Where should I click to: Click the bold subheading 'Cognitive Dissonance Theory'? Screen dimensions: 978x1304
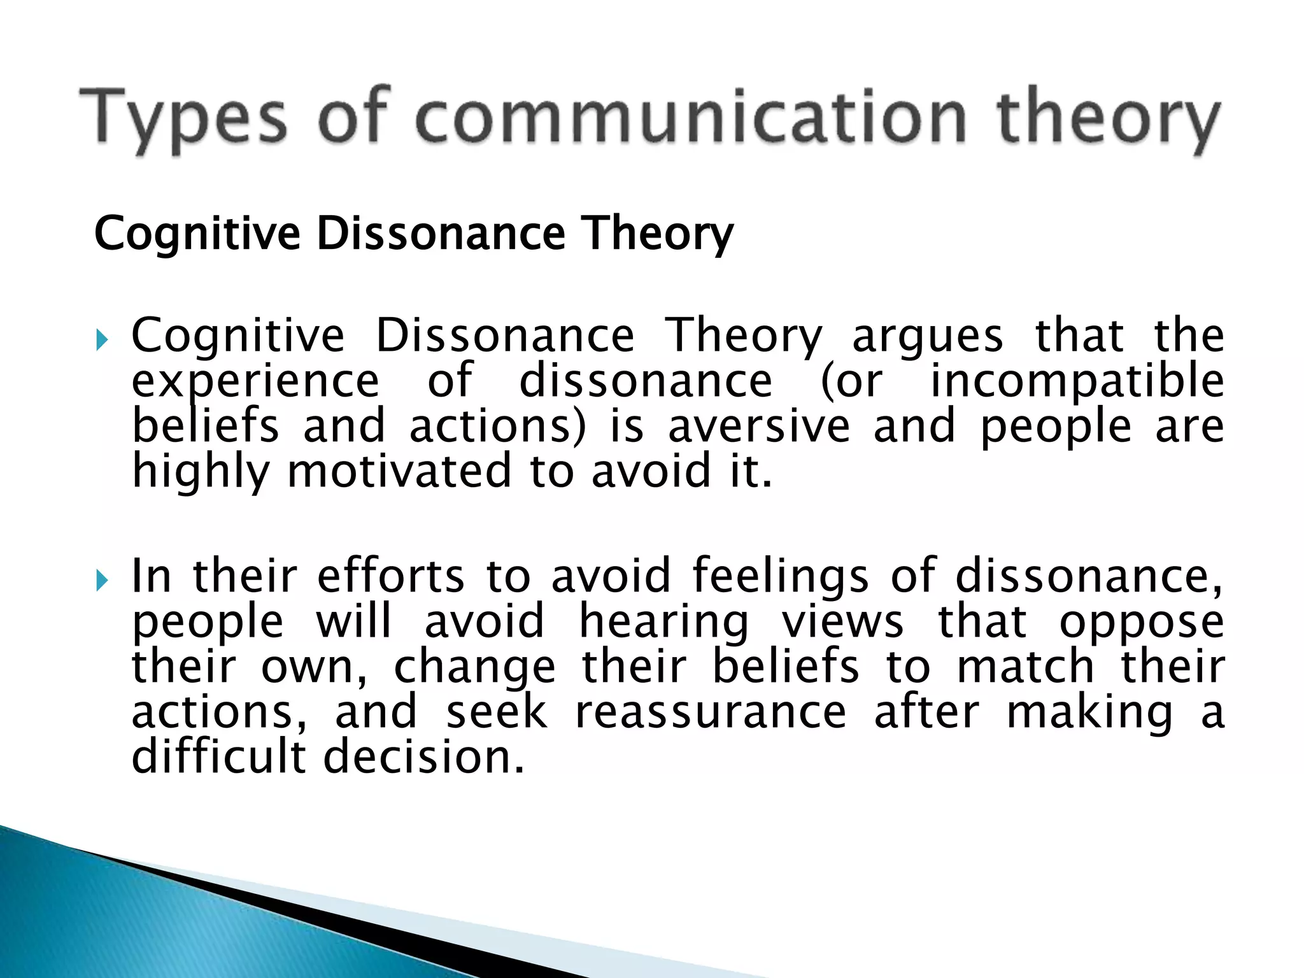point(414,233)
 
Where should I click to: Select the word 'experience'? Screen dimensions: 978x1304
point(255,382)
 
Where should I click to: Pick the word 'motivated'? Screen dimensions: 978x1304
point(400,471)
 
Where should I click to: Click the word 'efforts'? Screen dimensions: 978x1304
point(391,576)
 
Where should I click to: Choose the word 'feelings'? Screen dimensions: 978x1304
point(780,577)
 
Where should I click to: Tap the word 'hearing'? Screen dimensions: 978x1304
point(665,622)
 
